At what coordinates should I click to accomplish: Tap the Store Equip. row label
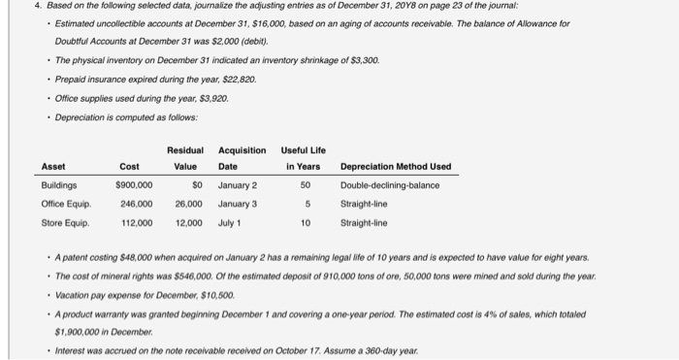[x=66, y=222]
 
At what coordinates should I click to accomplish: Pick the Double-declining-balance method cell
[x=390, y=185]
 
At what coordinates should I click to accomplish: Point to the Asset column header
[x=53, y=166]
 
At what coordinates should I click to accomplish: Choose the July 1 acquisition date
[x=231, y=222]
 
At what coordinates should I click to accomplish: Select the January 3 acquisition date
[x=238, y=204]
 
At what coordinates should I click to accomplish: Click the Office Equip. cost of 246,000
[x=136, y=204]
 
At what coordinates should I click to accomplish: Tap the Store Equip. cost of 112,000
[x=136, y=222]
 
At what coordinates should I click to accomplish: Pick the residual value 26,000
[x=188, y=204]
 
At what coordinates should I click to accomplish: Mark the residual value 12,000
[x=188, y=222]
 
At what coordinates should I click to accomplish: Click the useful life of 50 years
[x=306, y=185]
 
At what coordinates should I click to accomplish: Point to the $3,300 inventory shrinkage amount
[x=361, y=60]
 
